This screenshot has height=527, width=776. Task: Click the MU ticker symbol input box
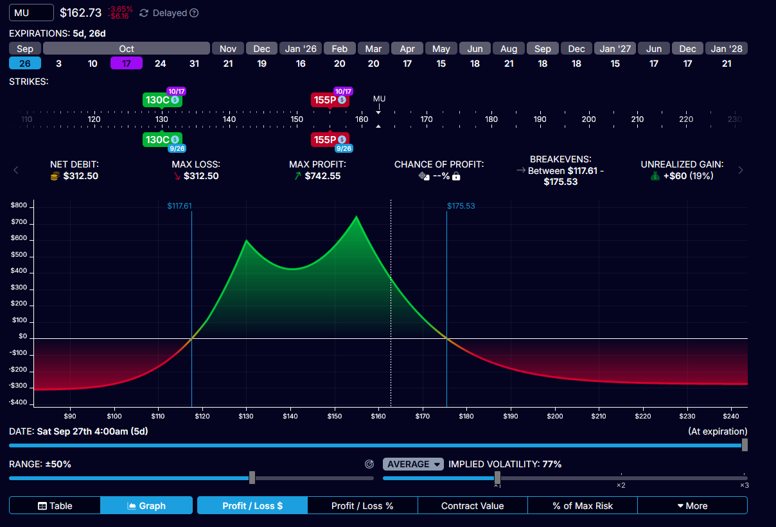coord(31,13)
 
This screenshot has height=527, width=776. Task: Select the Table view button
coord(55,506)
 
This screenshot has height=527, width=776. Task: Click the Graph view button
coord(146,506)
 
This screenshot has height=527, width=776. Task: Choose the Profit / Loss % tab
coord(362,506)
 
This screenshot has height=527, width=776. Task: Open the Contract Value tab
coord(472,506)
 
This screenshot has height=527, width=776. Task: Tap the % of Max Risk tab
coord(583,506)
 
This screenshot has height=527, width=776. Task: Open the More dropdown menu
coord(692,506)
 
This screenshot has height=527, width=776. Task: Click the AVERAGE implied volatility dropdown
coord(413,464)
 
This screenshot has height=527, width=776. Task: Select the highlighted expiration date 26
coord(25,63)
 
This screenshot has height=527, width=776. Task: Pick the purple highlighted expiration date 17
coord(127,63)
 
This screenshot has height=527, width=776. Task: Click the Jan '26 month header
coord(301,49)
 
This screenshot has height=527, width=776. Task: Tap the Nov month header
coord(228,49)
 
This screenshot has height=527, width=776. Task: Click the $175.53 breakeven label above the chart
coord(461,206)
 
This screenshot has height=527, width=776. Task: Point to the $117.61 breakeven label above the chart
coord(180,206)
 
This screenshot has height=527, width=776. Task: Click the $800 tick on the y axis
coord(19,205)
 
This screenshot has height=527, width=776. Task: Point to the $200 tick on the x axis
coord(555,415)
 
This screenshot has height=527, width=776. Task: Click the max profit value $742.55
coord(322,176)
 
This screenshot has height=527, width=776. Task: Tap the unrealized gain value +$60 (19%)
coord(682,176)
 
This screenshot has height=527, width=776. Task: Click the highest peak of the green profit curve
coord(356,217)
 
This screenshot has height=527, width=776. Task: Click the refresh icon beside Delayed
coord(144,13)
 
